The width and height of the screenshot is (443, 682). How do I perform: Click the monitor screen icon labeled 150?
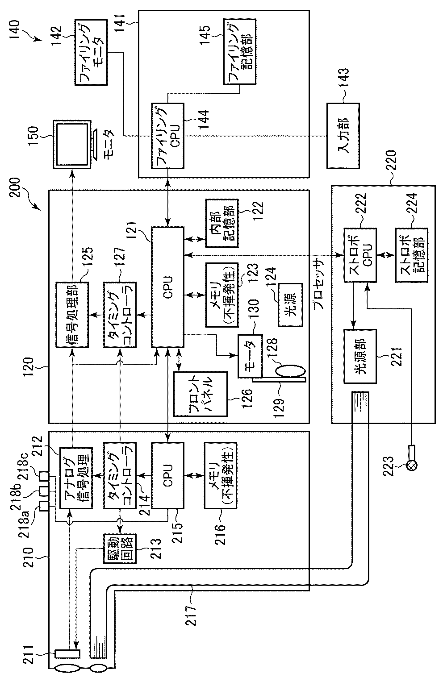[x=72, y=145]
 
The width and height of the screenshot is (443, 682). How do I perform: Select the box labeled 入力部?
[x=343, y=136]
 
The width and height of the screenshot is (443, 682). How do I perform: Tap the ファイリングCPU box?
[x=167, y=136]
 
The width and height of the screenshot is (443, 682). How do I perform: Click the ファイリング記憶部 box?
[x=239, y=52]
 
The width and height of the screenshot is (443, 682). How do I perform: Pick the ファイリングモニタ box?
[x=91, y=52]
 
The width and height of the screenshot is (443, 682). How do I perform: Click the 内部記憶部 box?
[x=222, y=223]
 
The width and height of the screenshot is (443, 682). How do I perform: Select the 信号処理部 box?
[x=72, y=315]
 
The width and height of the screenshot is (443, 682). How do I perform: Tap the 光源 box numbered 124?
[x=291, y=305]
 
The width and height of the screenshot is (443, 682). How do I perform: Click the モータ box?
[x=250, y=356]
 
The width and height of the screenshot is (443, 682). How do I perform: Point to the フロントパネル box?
[x=201, y=394]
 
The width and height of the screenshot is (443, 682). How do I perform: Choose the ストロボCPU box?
[x=359, y=255]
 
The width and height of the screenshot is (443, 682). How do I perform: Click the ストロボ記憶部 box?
[x=411, y=255]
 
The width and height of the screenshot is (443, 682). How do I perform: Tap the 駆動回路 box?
[x=120, y=549]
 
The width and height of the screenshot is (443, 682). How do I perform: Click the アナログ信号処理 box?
[x=75, y=476]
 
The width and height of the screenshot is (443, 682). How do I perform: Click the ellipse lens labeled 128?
[x=290, y=371]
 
